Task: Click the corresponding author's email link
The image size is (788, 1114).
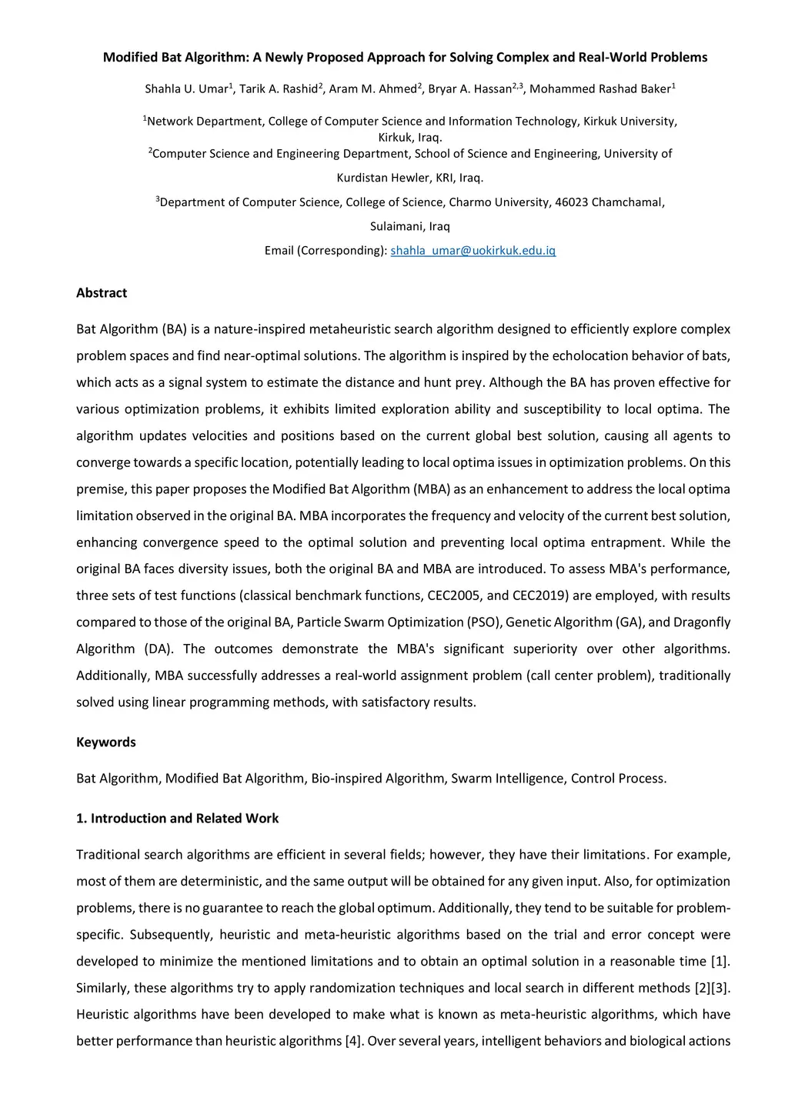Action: [x=472, y=251]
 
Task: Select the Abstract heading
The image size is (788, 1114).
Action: [x=102, y=293]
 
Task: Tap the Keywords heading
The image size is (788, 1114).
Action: [x=106, y=742]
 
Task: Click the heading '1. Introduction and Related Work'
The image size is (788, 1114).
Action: [x=177, y=819]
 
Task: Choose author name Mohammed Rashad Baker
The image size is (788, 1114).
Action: [x=600, y=89]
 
